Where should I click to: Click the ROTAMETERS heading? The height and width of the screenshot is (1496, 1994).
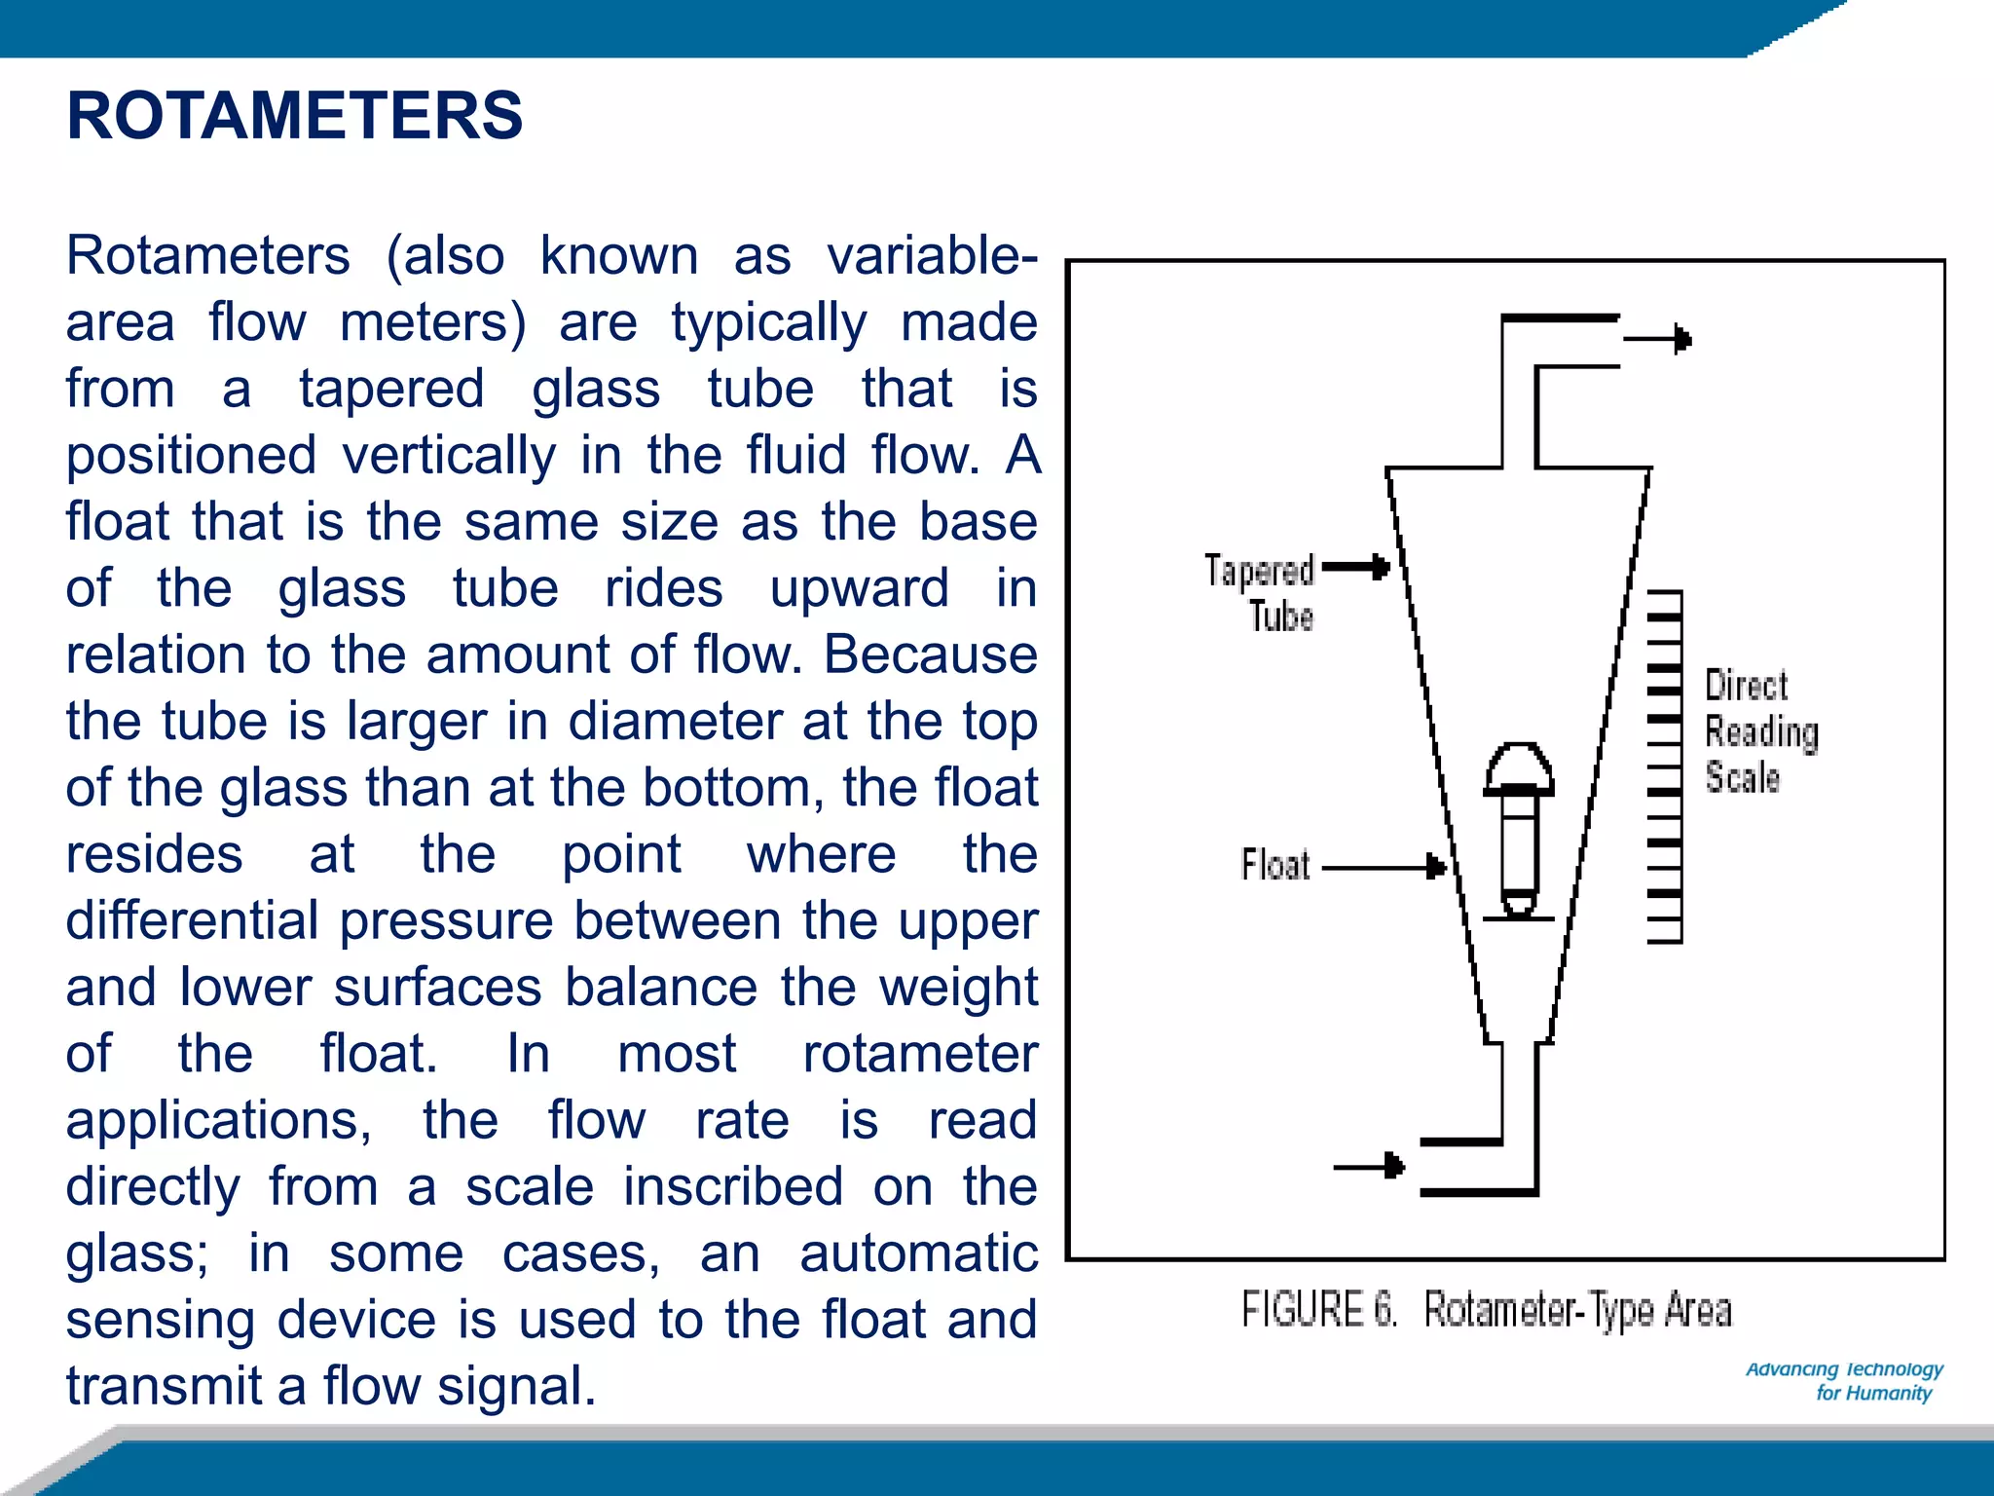294,116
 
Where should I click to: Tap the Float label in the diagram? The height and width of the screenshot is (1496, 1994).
1275,865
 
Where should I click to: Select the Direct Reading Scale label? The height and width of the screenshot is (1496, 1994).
1760,731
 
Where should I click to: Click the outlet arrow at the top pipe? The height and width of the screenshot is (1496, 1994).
1658,339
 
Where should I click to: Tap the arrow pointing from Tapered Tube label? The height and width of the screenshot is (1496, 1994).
1355,567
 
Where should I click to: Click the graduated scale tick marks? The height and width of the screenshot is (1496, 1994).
1665,767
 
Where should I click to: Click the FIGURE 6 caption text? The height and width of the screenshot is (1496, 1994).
1486,1310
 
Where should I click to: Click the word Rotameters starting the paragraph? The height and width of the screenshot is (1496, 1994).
207,256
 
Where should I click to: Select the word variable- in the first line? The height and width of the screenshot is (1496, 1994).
932,256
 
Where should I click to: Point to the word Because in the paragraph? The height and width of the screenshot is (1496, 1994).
931,654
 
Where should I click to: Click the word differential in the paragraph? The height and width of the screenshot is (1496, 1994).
192,921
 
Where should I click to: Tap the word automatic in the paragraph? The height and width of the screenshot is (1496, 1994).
918,1253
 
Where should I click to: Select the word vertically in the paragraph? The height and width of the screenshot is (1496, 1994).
448,456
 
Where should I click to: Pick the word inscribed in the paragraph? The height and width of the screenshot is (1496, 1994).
732,1187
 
